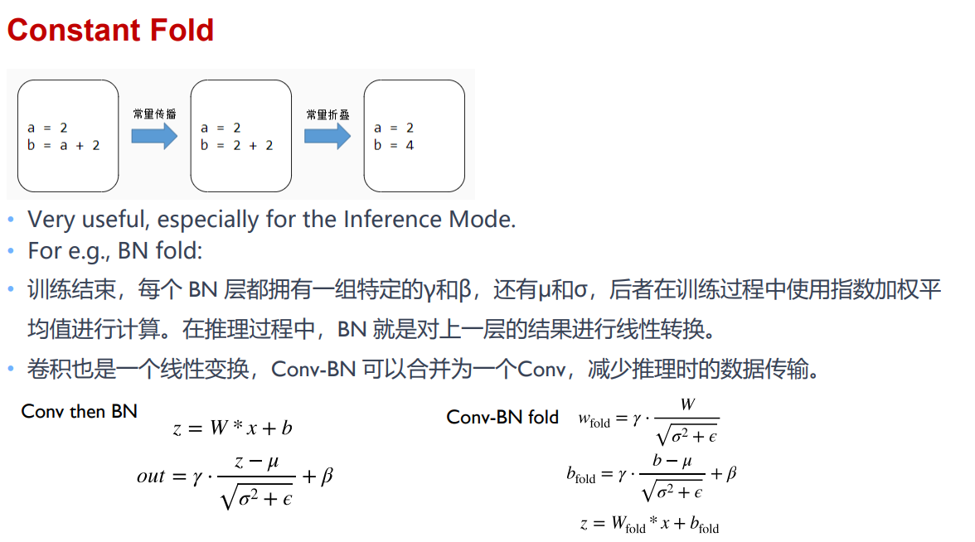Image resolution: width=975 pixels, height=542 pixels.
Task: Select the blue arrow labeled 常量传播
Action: click(x=154, y=136)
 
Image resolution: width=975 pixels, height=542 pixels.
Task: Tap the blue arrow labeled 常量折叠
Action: click(x=327, y=136)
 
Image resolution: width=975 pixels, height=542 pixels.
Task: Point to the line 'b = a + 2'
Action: click(x=63, y=146)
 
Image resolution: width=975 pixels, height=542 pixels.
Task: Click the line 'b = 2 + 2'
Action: click(x=237, y=146)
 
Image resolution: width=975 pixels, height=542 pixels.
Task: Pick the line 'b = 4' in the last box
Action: click(x=394, y=146)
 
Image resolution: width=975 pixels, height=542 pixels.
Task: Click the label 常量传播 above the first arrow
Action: click(x=155, y=114)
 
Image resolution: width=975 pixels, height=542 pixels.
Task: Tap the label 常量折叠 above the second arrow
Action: click(x=327, y=114)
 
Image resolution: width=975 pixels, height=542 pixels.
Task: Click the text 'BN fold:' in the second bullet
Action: click(x=160, y=250)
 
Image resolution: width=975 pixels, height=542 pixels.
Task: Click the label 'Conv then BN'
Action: click(x=79, y=411)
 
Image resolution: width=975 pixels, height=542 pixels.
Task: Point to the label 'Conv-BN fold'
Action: click(x=502, y=417)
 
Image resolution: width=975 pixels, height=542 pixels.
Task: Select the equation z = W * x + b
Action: click(x=232, y=428)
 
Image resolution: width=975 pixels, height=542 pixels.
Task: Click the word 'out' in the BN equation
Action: click(x=151, y=477)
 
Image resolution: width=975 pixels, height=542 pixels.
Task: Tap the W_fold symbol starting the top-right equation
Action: click(x=594, y=421)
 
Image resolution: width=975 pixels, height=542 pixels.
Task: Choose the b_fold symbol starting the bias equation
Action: click(x=580, y=476)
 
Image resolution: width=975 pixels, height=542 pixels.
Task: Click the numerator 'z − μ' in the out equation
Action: click(x=256, y=462)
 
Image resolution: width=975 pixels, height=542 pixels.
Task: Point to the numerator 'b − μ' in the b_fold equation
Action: click(x=672, y=461)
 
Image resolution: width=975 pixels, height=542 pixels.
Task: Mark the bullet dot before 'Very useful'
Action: click(x=11, y=220)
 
